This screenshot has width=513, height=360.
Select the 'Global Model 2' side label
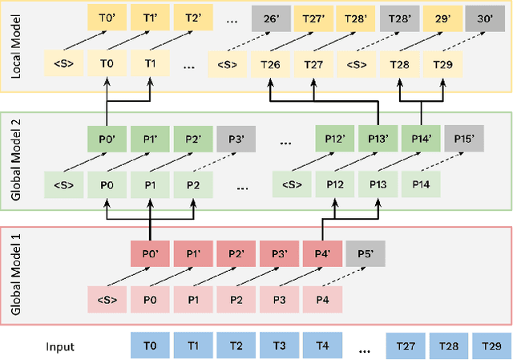tap(15, 160)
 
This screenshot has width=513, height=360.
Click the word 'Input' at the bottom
tap(60, 346)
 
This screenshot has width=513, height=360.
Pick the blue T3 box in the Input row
tap(280, 346)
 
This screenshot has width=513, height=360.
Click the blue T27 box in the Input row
tap(405, 346)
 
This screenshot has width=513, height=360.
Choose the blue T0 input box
tap(150, 346)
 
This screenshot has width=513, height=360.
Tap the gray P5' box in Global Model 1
tap(365, 256)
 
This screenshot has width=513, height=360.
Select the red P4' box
tap(322, 256)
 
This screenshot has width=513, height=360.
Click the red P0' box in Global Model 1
tap(150, 256)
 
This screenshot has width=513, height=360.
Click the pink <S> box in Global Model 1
tap(107, 301)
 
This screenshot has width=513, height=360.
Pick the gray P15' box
tap(464, 139)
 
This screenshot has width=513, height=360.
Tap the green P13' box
tap(378, 139)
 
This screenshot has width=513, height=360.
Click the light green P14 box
tap(421, 185)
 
